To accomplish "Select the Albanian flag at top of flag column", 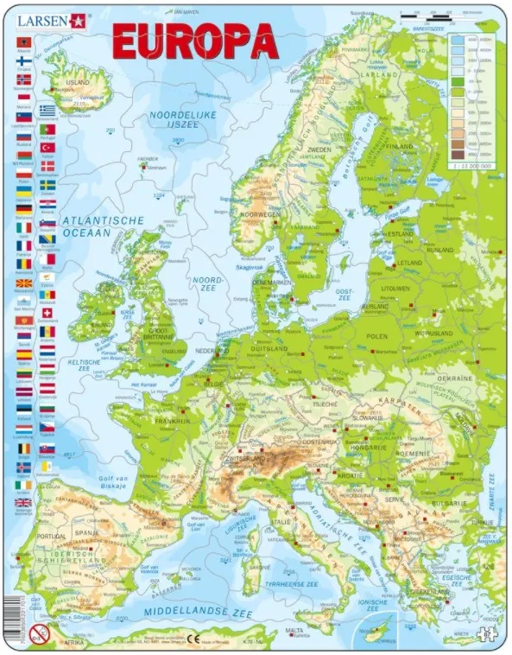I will (22, 42).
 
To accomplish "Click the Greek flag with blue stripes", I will (47, 111).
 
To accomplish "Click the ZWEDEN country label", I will (320, 149).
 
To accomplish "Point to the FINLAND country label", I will (401, 146).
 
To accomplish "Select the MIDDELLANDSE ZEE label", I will (192, 610).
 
